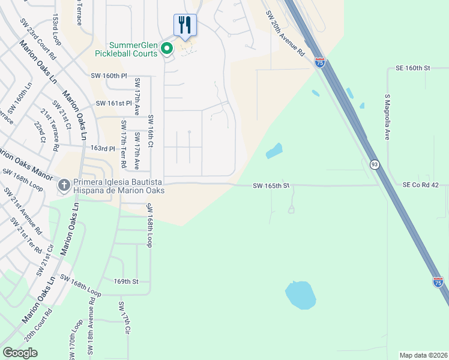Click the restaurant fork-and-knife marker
185,25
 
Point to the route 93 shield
374,164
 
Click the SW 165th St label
271,186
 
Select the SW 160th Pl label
109,76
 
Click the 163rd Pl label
103,148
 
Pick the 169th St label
126,281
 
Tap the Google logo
20,352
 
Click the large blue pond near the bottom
300,295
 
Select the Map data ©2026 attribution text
423,355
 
